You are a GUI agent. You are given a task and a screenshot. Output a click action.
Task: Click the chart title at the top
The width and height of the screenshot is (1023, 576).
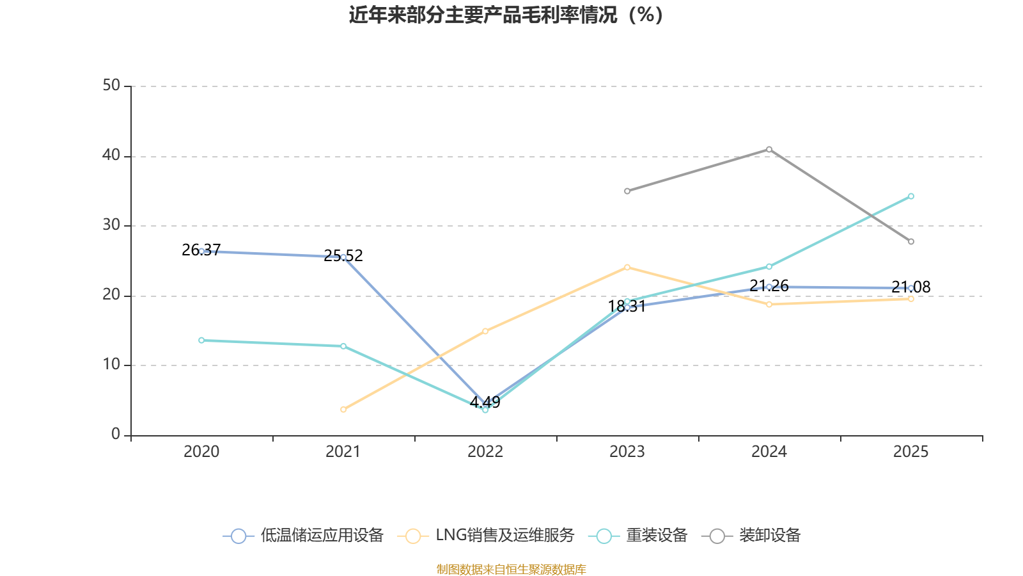(x=506, y=15)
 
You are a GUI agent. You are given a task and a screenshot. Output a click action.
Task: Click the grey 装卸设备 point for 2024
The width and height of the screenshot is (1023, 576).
(x=769, y=149)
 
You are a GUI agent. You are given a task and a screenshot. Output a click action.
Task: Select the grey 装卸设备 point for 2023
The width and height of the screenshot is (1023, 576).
(x=627, y=191)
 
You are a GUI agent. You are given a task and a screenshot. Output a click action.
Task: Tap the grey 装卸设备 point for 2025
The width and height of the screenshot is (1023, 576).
(x=910, y=241)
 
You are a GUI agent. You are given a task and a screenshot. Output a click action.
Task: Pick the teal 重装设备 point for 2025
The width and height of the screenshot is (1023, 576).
(x=910, y=196)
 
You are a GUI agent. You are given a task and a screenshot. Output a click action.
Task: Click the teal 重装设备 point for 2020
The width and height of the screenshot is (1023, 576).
(x=201, y=340)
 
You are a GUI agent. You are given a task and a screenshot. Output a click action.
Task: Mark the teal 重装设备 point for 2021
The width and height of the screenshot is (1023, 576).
(x=343, y=346)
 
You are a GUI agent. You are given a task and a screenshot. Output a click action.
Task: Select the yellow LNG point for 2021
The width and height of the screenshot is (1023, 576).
(x=343, y=409)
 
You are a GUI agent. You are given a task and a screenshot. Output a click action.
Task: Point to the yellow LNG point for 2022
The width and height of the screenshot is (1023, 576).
(x=485, y=331)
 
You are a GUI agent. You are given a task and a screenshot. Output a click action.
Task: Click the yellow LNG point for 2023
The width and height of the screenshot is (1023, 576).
(x=627, y=267)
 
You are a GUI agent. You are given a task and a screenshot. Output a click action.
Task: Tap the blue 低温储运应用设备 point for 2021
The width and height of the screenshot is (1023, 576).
(x=343, y=257)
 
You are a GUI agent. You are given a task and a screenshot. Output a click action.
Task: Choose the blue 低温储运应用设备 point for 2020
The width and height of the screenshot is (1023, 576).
(x=201, y=251)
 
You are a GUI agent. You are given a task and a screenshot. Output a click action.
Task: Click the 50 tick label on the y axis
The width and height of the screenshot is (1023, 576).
(x=111, y=85)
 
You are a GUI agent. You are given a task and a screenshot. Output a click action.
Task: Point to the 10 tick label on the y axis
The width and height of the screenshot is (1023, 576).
(x=111, y=364)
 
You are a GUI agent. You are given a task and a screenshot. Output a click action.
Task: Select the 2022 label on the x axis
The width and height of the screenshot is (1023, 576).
(x=485, y=452)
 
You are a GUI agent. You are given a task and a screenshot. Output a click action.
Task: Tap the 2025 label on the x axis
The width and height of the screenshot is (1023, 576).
(x=910, y=452)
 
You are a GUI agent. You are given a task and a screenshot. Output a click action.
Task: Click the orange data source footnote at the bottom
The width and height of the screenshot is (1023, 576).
(x=511, y=569)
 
